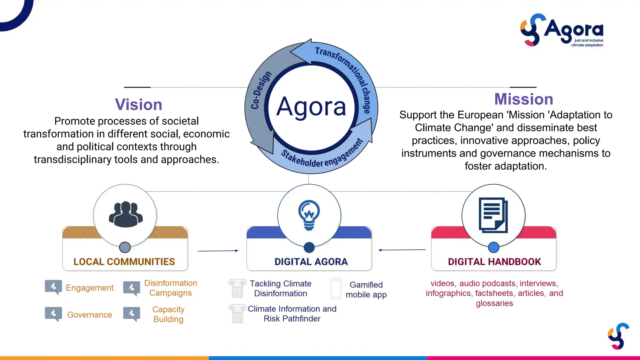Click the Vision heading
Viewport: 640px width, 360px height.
coord(138,104)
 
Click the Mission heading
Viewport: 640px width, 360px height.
coord(523,99)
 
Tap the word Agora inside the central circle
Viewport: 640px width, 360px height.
coord(311,107)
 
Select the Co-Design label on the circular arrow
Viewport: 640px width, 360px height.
coord(261,90)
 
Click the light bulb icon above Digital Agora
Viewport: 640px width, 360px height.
coord(309,215)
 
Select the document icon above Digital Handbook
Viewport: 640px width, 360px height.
coord(493,215)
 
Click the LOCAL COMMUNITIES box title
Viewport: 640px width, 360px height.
coord(124,262)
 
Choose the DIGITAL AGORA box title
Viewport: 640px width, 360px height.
coord(311,262)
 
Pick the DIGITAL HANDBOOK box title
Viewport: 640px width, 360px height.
coord(494,262)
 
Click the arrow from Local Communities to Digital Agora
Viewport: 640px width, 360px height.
coord(218,251)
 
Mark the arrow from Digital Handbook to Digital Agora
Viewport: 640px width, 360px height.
coord(402,250)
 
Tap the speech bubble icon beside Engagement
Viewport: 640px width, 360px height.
coord(53,287)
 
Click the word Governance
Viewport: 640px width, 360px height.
coord(89,315)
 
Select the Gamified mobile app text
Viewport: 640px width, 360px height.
coord(366,290)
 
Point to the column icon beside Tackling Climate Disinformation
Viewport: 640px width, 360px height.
coord(237,288)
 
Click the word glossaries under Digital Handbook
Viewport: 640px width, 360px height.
coord(494,303)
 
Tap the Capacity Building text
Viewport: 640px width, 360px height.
coord(168,314)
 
